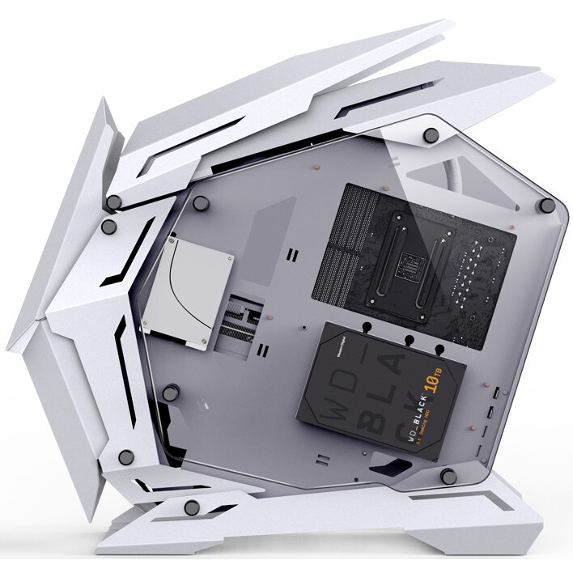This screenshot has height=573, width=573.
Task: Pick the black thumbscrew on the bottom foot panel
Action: (192, 507)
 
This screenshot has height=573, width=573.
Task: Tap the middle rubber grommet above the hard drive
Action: (408, 340)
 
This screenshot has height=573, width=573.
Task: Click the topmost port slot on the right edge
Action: (495, 394)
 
